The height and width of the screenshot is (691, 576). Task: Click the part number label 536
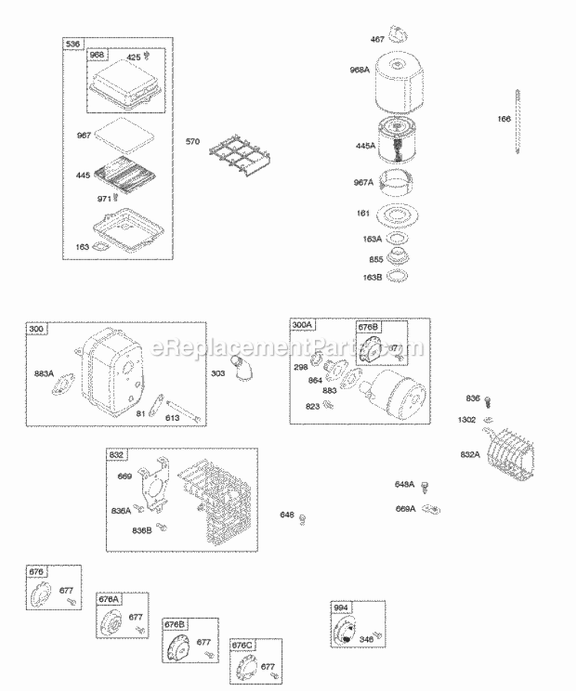[x=74, y=44]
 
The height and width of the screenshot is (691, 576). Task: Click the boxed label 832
[x=117, y=455]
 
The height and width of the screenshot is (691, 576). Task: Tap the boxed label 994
[x=342, y=608]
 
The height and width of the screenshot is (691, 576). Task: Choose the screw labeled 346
[x=376, y=636]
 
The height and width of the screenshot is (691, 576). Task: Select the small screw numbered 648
[x=303, y=517]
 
